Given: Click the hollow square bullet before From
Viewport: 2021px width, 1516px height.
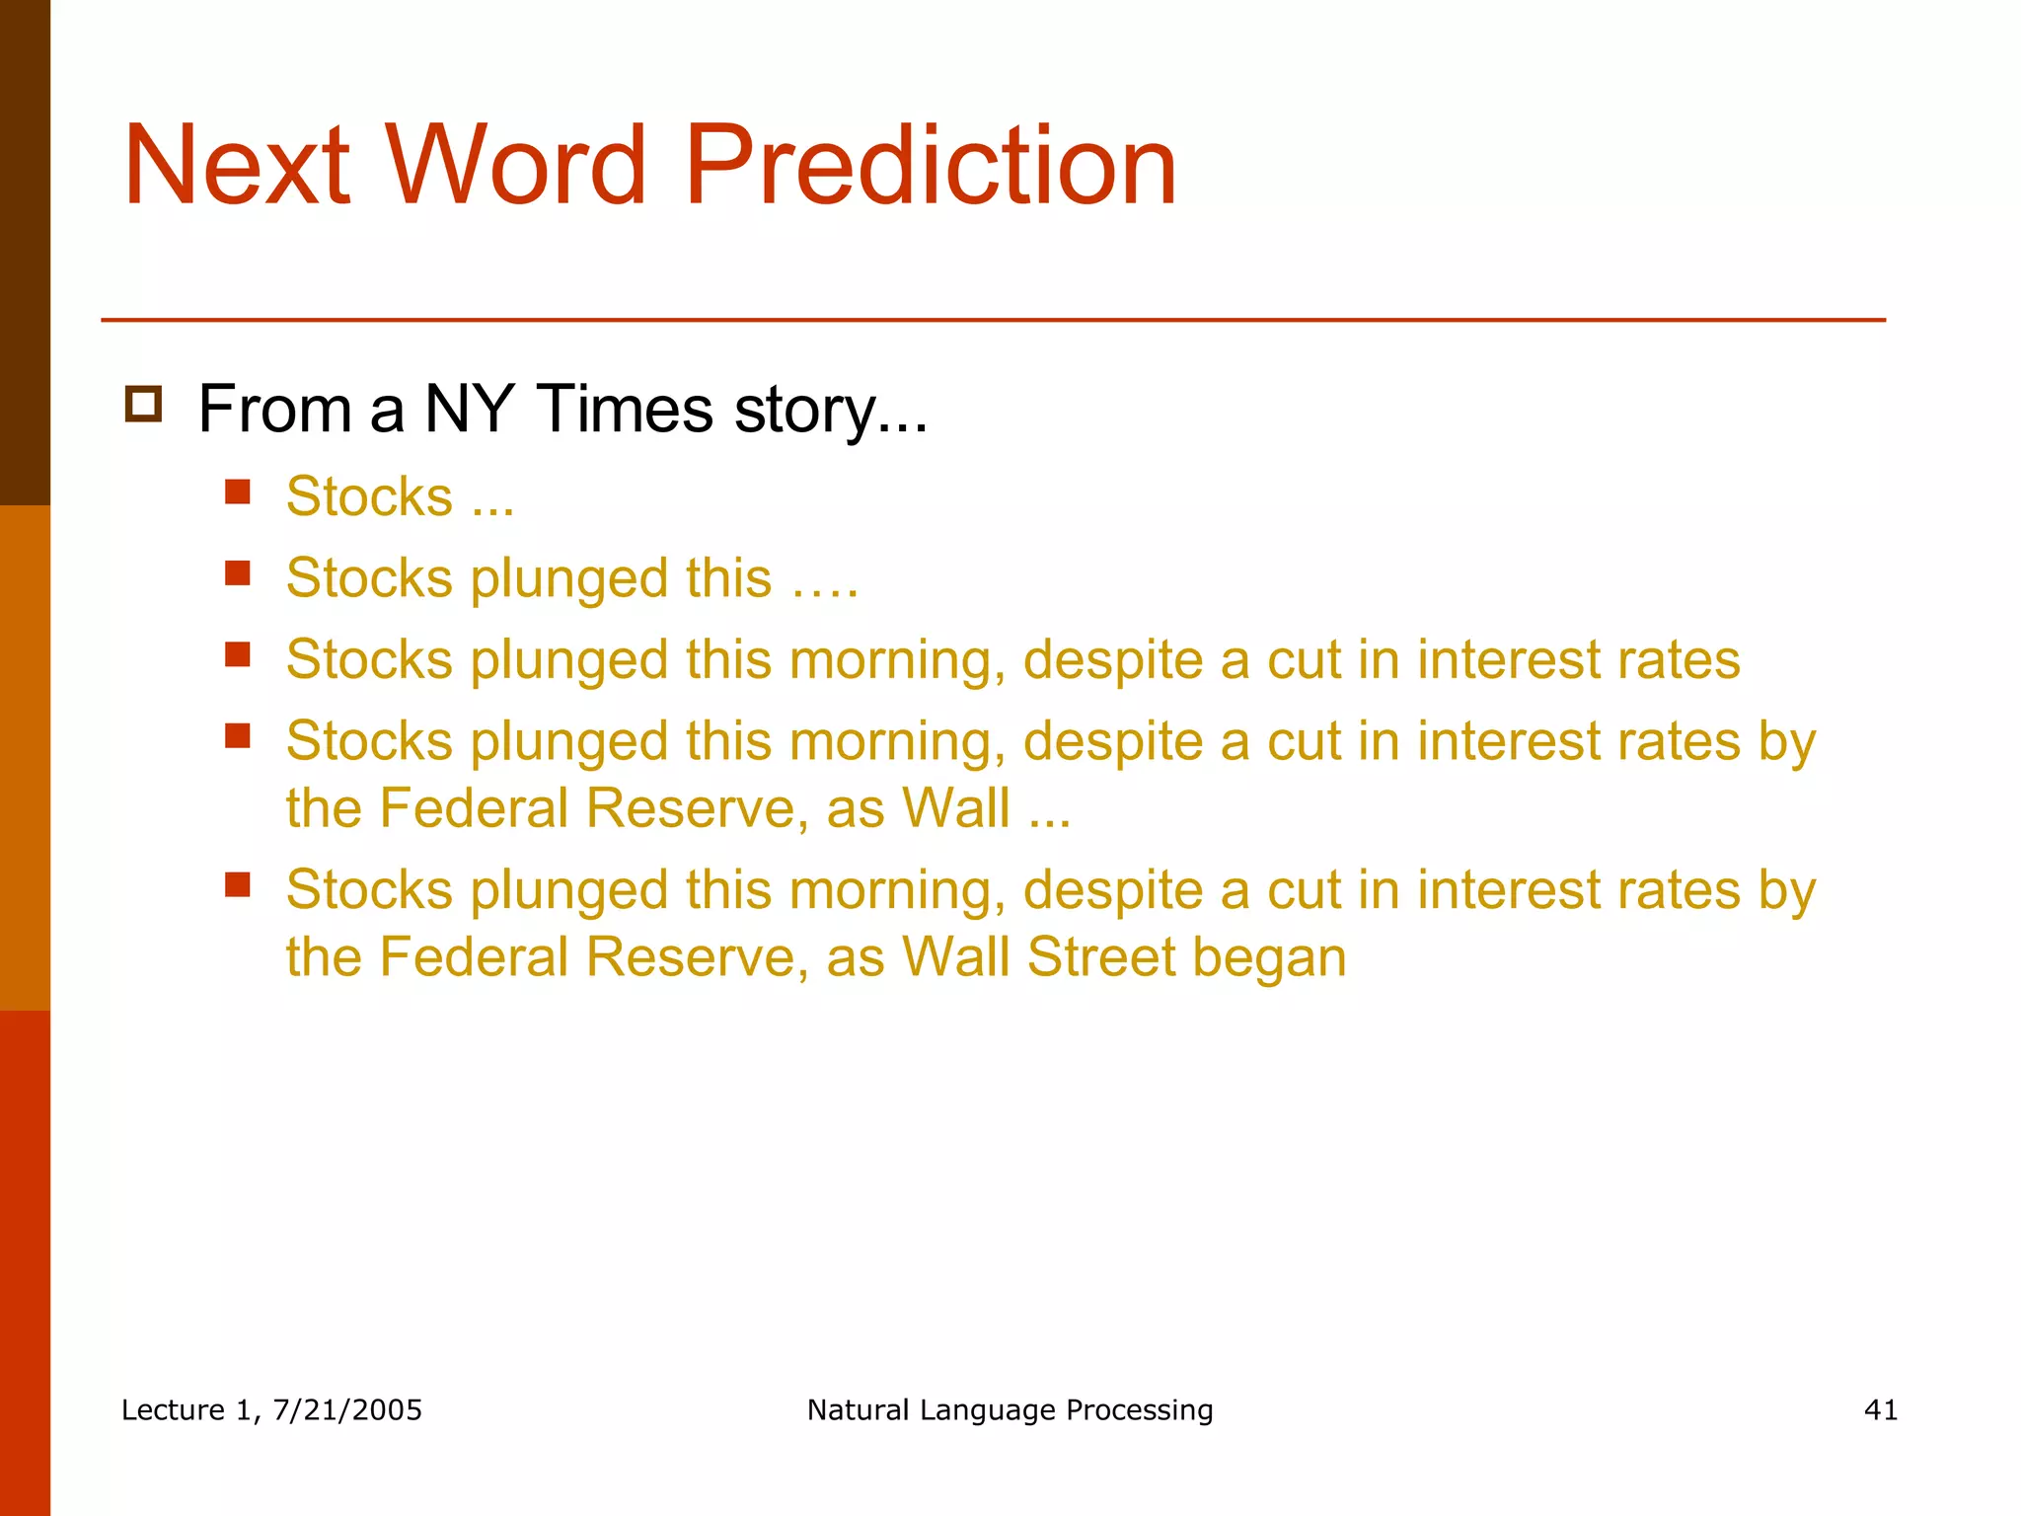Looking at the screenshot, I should coord(143,405).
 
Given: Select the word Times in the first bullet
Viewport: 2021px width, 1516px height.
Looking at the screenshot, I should coord(624,409).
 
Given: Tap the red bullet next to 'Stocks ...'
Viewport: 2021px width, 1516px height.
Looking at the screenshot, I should coord(237,492).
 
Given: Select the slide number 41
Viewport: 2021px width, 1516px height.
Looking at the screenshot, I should coord(1880,1409).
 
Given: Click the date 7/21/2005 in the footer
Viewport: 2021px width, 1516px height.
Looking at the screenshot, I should coord(347,1409).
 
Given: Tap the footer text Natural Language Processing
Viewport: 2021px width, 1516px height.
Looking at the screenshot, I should coord(1010,1409).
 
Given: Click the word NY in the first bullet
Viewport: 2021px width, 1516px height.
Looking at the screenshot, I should coord(468,409).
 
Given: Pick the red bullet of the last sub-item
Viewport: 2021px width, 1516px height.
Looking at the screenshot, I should coord(237,884).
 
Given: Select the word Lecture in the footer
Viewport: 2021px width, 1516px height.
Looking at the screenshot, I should coord(173,1409).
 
